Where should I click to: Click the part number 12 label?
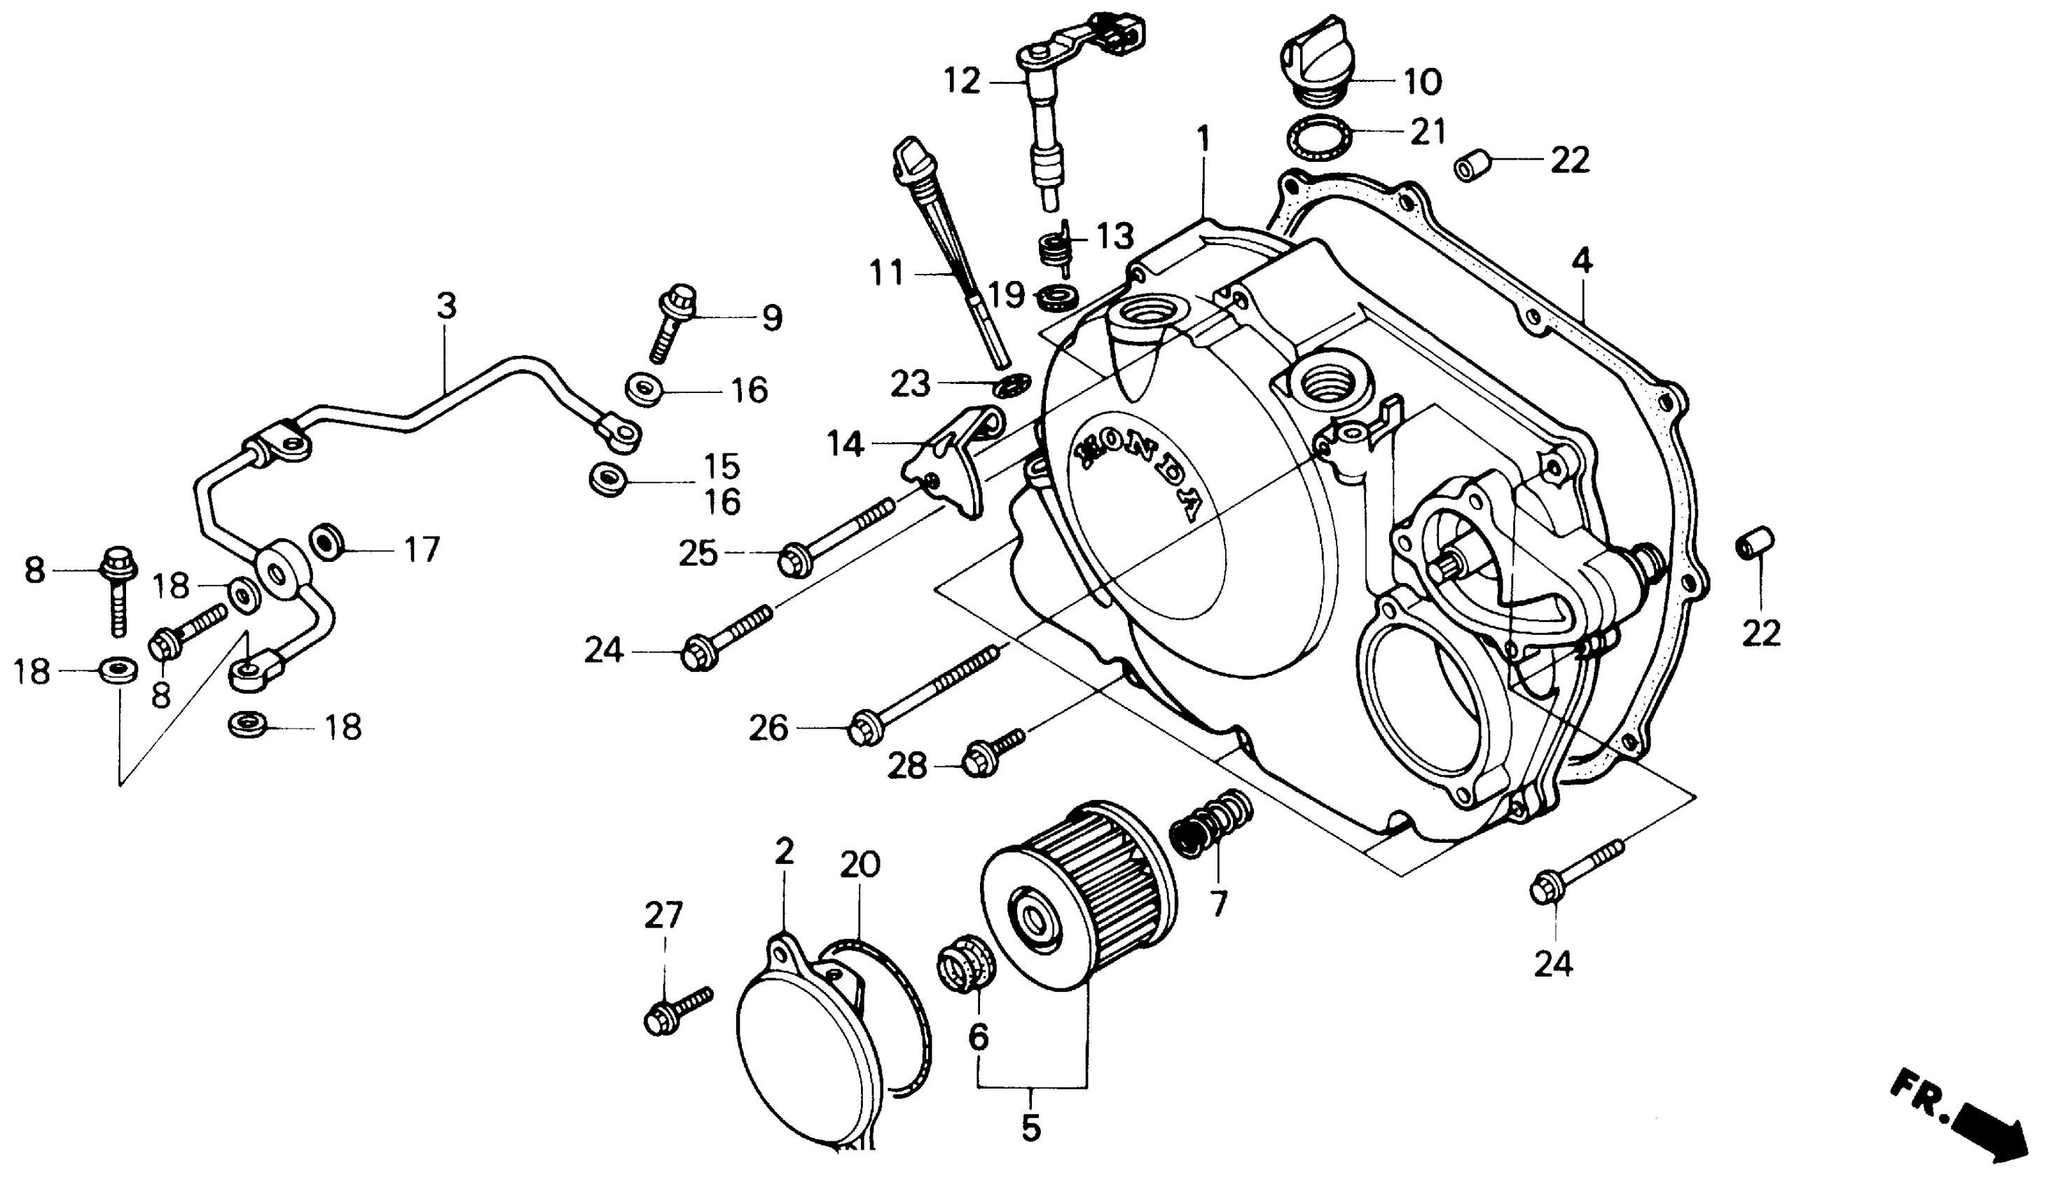click(963, 81)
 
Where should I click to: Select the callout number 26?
click(768, 728)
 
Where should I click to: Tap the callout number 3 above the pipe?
click(446, 306)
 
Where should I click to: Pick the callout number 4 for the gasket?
click(1582, 261)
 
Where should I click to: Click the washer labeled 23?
click(1011, 385)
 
